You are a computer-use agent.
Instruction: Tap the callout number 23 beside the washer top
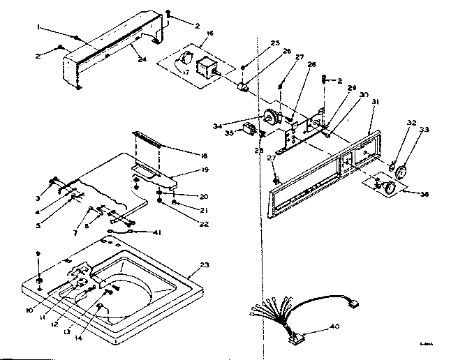pyautogui.click(x=205, y=264)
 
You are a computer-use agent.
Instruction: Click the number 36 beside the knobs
pyautogui.click(x=423, y=195)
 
